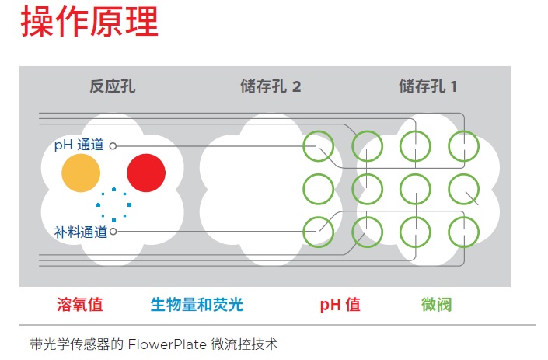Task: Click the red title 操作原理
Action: point(89,22)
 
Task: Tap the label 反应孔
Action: point(113,86)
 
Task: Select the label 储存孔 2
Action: point(271,86)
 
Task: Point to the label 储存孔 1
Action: point(428,86)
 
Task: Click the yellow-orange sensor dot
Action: point(81,173)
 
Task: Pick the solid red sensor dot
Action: point(146,173)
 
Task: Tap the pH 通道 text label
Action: point(79,145)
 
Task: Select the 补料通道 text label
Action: point(81,232)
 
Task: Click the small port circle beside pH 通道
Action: point(113,145)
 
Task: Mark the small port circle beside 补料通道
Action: point(113,232)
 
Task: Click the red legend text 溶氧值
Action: point(80,305)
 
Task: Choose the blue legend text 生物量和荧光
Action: point(197,305)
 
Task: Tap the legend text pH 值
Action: point(340,305)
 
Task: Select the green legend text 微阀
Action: point(437,305)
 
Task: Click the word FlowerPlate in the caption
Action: point(167,344)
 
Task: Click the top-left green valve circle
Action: point(303,146)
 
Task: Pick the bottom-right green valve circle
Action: point(479,232)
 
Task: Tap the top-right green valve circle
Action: point(479,146)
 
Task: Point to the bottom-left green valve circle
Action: point(303,232)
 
